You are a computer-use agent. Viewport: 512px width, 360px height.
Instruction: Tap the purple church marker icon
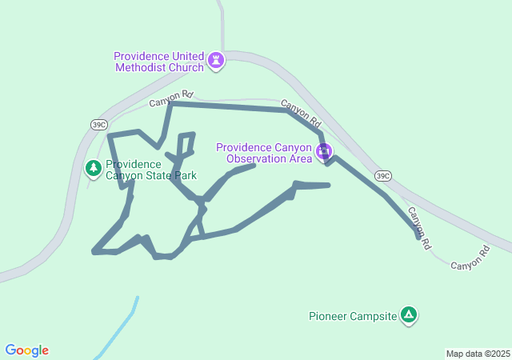click(215, 61)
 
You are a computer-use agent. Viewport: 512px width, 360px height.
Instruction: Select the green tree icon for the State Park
click(94, 168)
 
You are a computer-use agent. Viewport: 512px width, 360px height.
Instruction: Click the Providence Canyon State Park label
click(150, 170)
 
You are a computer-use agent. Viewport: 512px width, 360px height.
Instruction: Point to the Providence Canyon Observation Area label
click(263, 153)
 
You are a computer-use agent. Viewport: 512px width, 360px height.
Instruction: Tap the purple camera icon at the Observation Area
click(324, 152)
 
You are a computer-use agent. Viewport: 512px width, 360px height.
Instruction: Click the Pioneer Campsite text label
click(353, 316)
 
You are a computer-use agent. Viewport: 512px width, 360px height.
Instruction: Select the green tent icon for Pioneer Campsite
click(409, 315)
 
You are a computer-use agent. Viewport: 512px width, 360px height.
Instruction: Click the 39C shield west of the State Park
click(98, 124)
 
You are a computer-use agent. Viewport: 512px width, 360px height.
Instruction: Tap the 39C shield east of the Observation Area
click(383, 176)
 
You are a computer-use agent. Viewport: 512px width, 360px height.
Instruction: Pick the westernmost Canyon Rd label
click(170, 96)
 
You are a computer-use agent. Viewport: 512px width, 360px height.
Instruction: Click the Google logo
click(26, 350)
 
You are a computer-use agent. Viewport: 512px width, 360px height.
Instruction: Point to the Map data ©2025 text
click(478, 354)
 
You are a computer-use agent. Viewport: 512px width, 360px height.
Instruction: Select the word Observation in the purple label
click(256, 158)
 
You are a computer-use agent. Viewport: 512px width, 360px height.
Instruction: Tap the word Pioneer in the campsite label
click(329, 316)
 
